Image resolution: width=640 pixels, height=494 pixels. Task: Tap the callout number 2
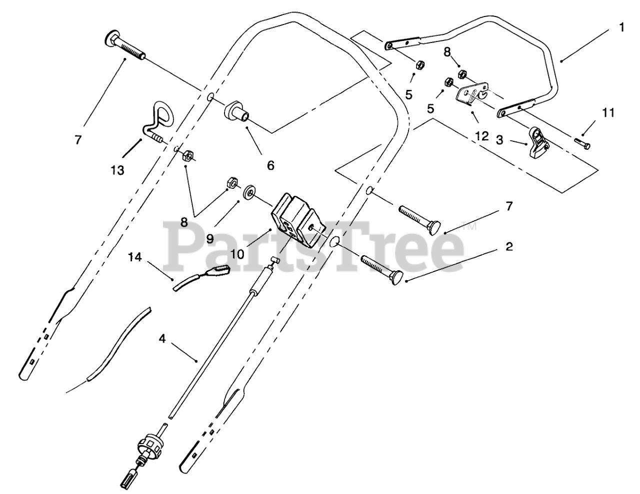(509, 246)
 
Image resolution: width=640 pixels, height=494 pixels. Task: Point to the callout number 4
(161, 338)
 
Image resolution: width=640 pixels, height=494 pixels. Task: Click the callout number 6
(270, 165)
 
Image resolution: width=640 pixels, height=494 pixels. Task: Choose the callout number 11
(607, 113)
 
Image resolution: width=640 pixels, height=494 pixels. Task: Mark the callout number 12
(482, 136)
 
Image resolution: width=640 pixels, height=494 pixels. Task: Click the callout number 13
(117, 170)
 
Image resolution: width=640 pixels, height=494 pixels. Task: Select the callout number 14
(135, 257)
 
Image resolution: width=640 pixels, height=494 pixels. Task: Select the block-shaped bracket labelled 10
(296, 218)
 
